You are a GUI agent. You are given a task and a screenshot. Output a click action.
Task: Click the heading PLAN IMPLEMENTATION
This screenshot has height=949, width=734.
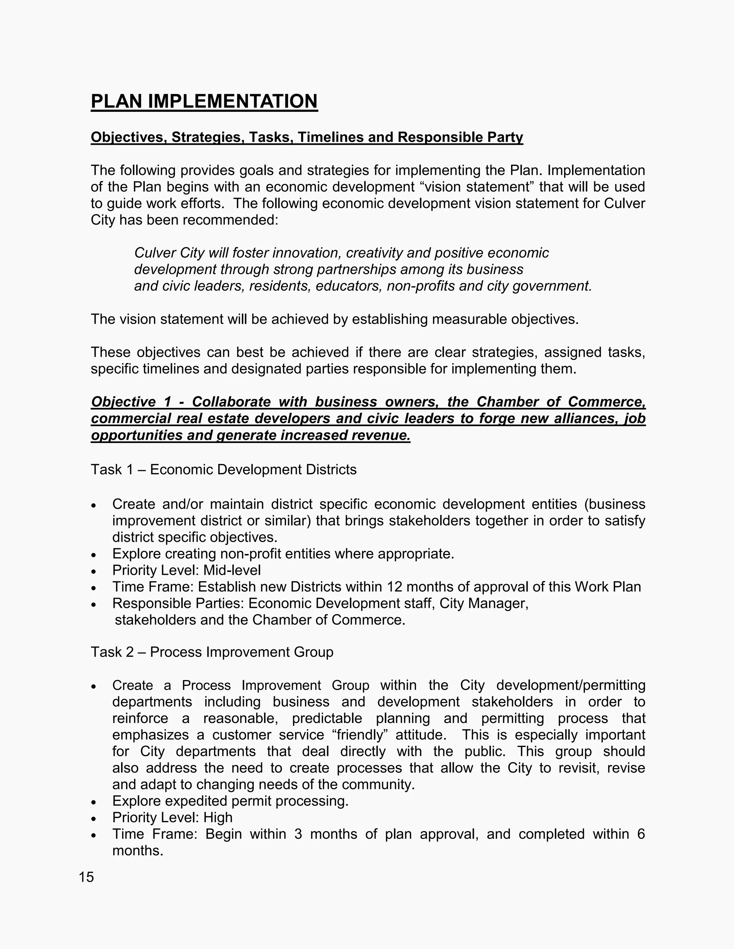(204, 102)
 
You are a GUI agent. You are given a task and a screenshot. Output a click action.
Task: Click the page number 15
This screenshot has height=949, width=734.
(86, 877)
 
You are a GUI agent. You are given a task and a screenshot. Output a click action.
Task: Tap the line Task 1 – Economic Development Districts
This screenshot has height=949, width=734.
(224, 470)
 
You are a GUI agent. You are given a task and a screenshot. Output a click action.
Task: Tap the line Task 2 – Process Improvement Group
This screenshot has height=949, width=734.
(212, 652)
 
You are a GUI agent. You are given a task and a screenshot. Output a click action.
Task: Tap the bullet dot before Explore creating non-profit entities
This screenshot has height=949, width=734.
(94, 555)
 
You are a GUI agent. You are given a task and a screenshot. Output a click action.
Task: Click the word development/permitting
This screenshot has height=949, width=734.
(571, 685)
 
